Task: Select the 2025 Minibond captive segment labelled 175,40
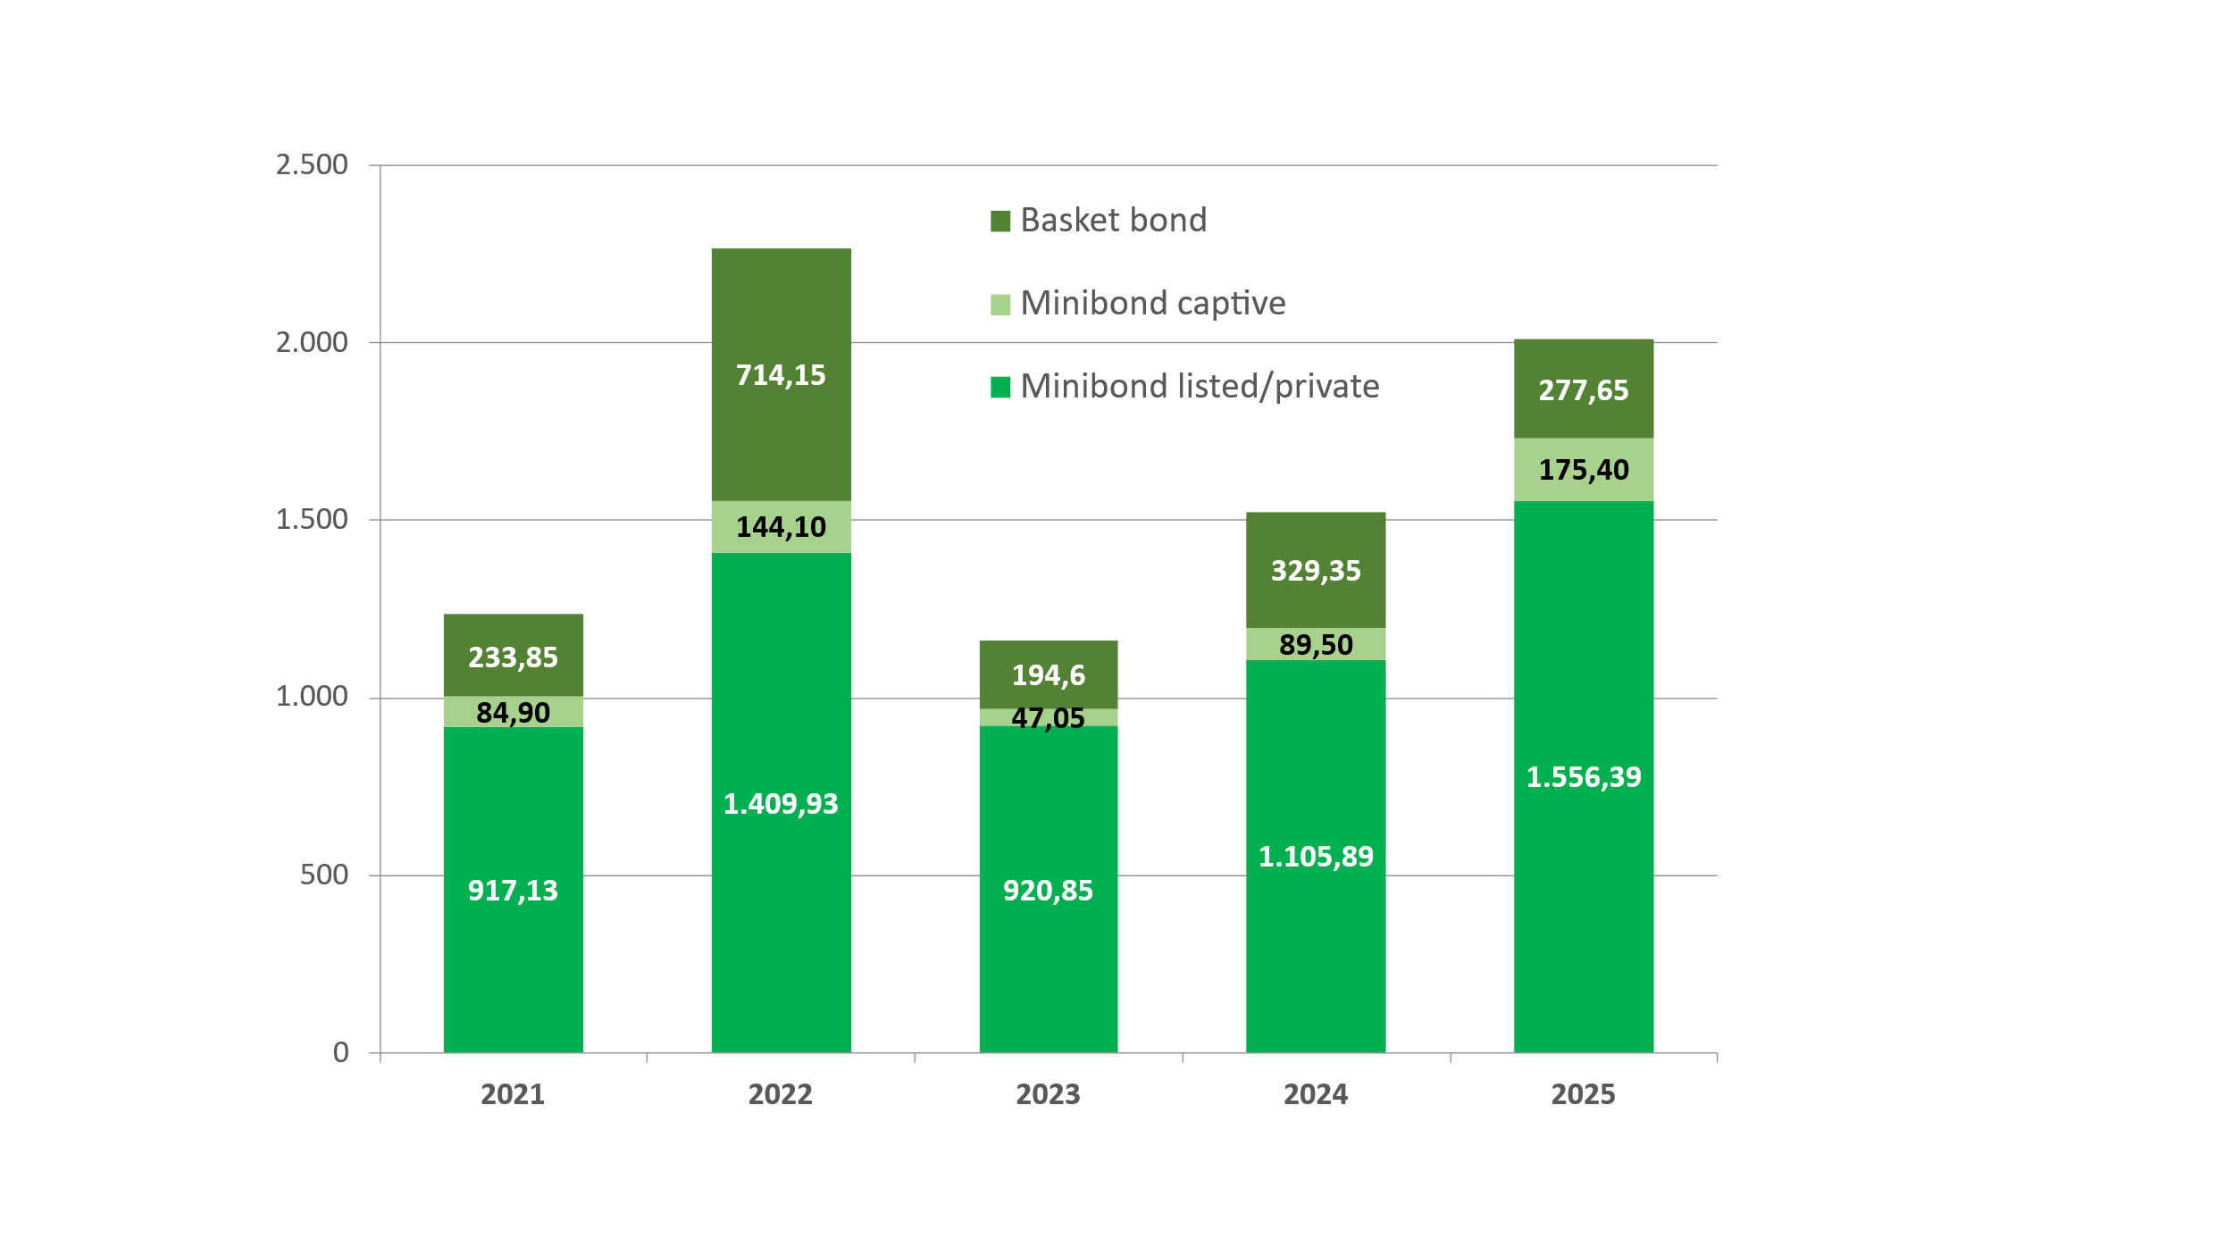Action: pos(1583,469)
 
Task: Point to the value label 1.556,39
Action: pos(1583,777)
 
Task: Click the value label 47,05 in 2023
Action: pos(1048,718)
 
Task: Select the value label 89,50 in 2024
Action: pos(1315,644)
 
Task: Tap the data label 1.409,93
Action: pos(781,804)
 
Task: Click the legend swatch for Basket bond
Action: pos(1000,221)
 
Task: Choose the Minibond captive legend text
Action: pos(1152,304)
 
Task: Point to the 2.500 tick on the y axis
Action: pos(312,165)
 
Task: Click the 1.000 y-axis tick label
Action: pos(312,697)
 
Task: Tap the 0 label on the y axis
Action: pos(340,1052)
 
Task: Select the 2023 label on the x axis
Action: pos(1048,1094)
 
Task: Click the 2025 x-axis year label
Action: pos(1583,1094)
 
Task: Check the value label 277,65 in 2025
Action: pos(1583,390)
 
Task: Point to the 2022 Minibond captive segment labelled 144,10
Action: pos(781,527)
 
